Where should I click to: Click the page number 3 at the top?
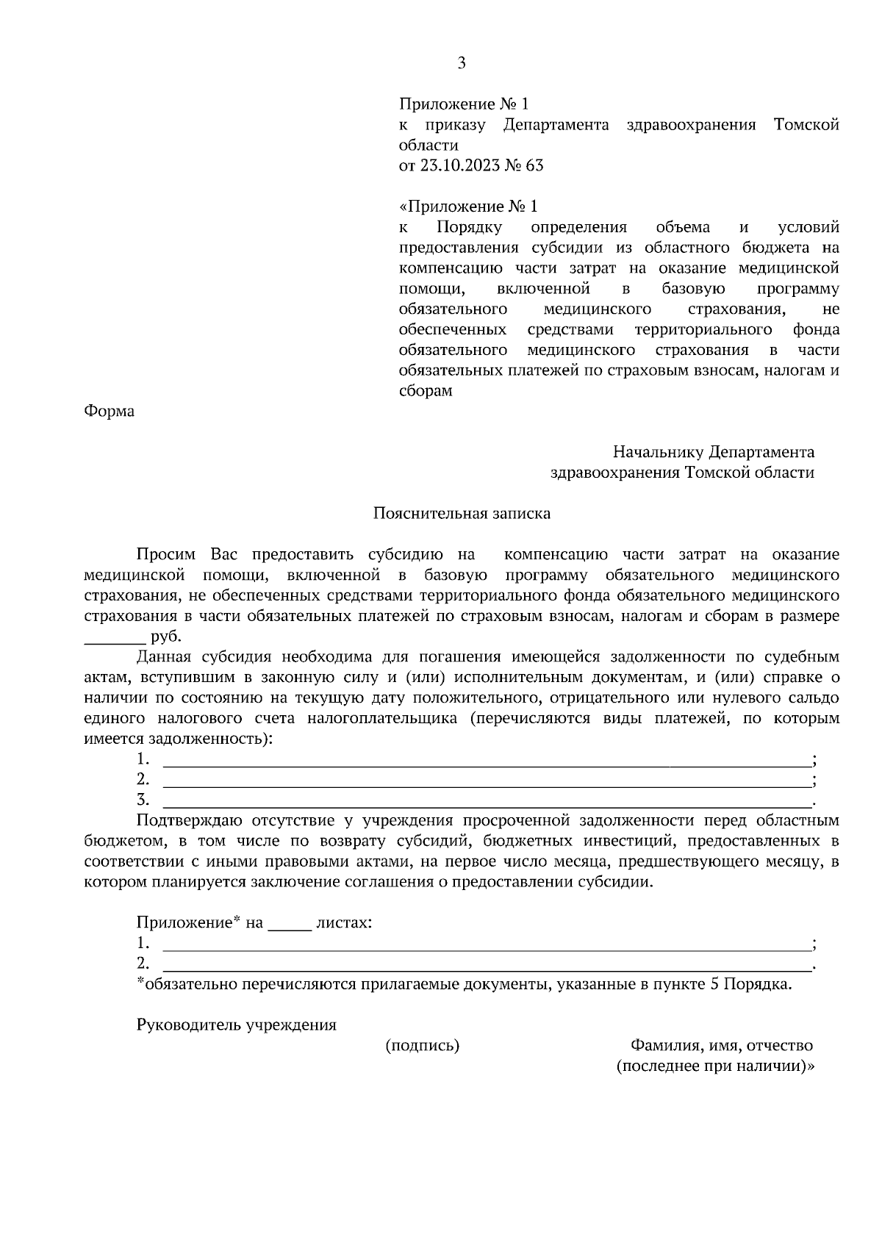(462, 63)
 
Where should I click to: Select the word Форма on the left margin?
(110, 412)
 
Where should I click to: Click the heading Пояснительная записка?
(462, 514)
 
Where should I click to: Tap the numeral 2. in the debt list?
(143, 779)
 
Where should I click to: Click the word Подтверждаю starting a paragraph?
(190, 820)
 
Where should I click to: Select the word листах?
(343, 922)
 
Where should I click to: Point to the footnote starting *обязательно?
(465, 984)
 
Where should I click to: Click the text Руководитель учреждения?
(237, 1025)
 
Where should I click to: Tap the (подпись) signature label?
(423, 1046)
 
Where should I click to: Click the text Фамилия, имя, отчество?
(721, 1046)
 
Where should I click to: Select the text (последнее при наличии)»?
(715, 1066)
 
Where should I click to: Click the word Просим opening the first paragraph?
(167, 555)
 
